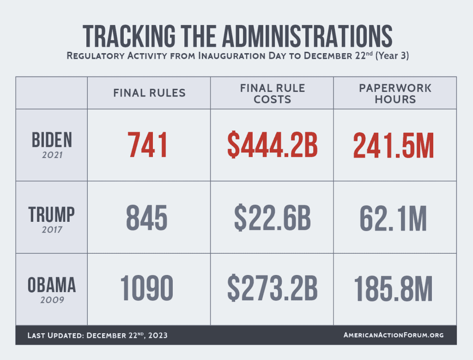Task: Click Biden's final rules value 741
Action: pos(148,145)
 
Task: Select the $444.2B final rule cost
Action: pos(272,145)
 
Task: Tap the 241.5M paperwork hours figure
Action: pos(394,145)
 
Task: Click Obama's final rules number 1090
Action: pos(147,288)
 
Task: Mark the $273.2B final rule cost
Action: pos(272,288)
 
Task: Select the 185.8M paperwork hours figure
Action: pos(394,288)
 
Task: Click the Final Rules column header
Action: pos(149,93)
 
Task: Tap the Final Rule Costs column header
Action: pos(273,93)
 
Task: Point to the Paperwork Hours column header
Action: pos(395,93)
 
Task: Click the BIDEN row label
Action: pos(52,140)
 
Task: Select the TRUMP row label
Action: pos(52,214)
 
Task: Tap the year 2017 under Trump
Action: pos(52,229)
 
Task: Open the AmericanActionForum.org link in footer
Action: pos(394,335)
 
